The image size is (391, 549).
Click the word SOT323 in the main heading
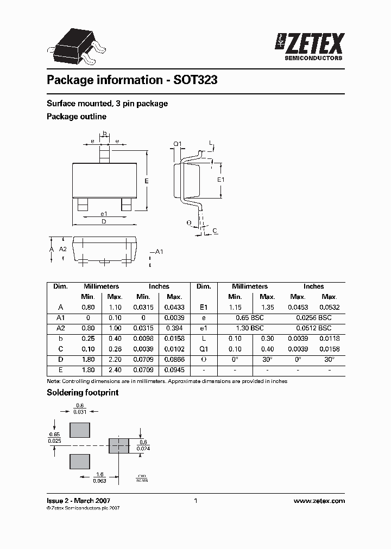point(195,80)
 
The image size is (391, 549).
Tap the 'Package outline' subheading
point(77,117)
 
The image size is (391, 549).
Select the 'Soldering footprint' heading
point(83,392)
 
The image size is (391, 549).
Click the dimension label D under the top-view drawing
point(104,221)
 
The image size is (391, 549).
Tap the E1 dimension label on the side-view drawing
point(220,179)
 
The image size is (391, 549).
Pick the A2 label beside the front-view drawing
point(62,248)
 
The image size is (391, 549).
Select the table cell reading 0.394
point(174,328)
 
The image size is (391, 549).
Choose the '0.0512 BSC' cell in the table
point(313,328)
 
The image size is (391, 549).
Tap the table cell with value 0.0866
point(174,360)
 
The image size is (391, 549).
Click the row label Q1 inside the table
point(203,349)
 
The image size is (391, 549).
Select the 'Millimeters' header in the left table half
point(101,286)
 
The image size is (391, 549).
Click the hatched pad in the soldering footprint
point(119,446)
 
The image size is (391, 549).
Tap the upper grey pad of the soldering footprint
point(80,430)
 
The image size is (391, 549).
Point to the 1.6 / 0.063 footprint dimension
point(99,477)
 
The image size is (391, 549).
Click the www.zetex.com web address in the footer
point(319,501)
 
